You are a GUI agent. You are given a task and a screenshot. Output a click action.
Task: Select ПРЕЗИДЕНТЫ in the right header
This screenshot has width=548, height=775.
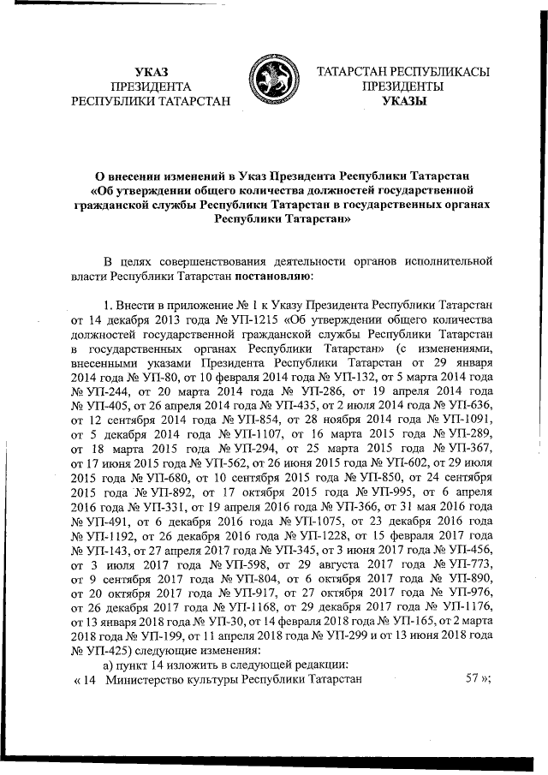pyautogui.click(x=402, y=86)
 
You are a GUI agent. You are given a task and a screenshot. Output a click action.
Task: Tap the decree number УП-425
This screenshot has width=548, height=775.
pyautogui.click(x=101, y=675)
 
